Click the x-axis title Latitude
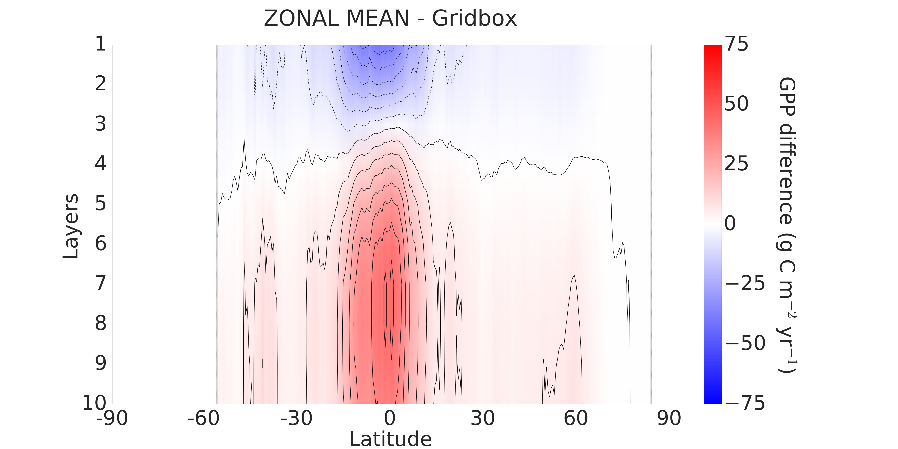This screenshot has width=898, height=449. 390,439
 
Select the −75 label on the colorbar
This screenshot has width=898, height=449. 745,403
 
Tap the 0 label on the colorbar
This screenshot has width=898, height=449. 730,223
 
